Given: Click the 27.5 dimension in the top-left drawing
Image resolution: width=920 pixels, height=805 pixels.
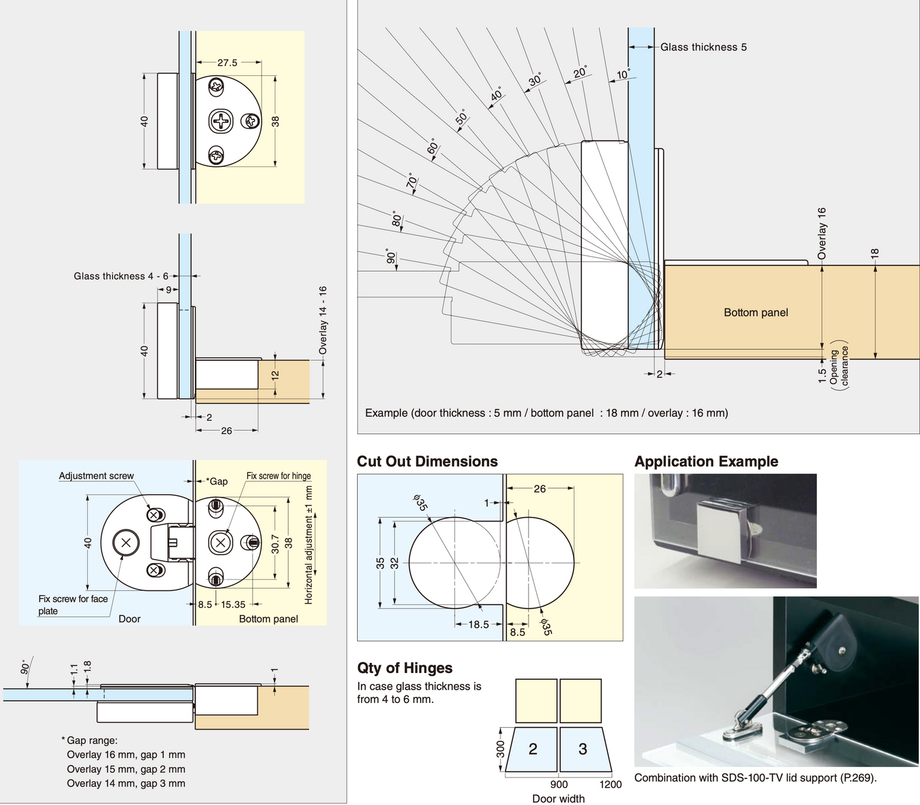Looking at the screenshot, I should [x=227, y=62].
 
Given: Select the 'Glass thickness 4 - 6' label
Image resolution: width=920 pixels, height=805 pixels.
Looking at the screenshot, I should [x=121, y=276].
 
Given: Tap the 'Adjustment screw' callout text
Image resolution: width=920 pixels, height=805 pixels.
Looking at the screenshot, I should [x=96, y=476].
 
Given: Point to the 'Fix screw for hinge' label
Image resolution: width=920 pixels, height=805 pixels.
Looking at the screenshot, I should [x=278, y=476].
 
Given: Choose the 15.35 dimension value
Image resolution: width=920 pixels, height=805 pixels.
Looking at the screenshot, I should [x=233, y=604].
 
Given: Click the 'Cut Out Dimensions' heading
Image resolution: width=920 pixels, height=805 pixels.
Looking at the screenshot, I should [x=427, y=461].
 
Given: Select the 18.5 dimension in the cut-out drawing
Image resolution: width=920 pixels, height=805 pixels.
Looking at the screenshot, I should [x=478, y=625].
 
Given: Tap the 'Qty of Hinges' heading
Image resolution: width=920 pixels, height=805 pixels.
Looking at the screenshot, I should [x=404, y=668].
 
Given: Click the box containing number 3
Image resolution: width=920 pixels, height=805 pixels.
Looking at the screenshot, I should [x=582, y=749].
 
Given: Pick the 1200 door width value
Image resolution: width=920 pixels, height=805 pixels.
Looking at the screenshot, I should [x=610, y=785].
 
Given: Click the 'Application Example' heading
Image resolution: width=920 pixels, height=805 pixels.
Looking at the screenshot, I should [x=706, y=461].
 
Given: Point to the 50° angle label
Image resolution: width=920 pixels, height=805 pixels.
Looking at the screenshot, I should [x=462, y=117].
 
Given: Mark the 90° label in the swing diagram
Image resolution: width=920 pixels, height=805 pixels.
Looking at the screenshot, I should [x=391, y=257].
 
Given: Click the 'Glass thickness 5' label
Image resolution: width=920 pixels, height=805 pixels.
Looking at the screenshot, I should [x=703, y=47].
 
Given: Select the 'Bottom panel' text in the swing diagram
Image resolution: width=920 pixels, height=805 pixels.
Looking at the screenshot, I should [x=756, y=313].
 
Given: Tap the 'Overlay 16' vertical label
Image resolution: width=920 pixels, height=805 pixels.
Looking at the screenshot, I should [x=821, y=233].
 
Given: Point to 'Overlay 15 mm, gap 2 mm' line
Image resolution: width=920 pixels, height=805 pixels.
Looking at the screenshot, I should [x=125, y=769].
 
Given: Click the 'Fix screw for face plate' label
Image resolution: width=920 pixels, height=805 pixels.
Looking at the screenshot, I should [x=73, y=605].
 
